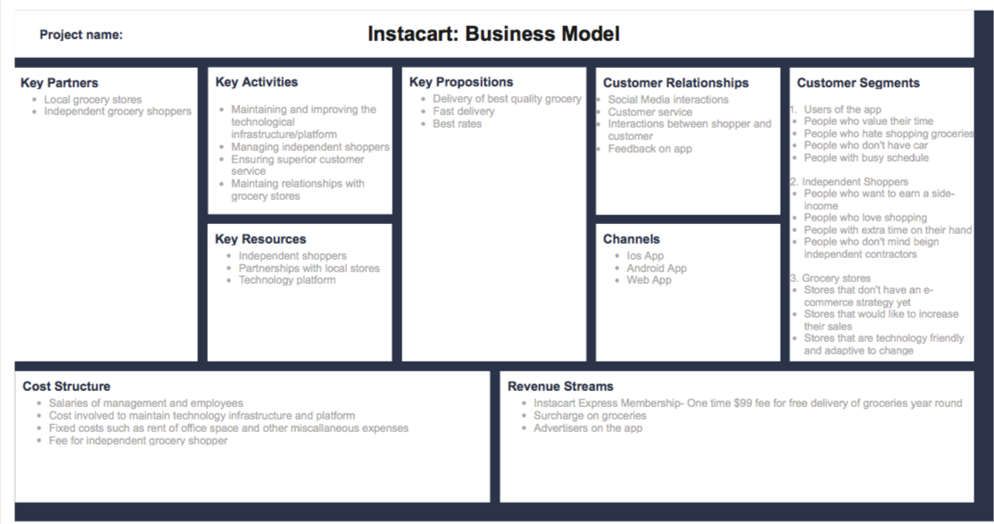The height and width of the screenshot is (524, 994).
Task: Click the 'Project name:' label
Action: point(81,35)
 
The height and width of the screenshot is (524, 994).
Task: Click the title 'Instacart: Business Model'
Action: point(493,34)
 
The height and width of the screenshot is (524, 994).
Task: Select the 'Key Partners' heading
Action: point(60,83)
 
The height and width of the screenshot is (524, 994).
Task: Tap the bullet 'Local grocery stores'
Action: point(93,100)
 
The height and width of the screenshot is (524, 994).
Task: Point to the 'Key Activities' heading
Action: point(257,82)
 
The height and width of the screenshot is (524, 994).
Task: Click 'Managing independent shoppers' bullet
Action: point(310,146)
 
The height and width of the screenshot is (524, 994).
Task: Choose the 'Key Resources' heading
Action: point(261,239)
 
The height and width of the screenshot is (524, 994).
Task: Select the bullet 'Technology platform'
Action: point(286,280)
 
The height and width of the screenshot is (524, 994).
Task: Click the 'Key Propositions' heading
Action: point(461,82)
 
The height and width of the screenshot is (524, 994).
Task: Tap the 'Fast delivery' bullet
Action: point(463,112)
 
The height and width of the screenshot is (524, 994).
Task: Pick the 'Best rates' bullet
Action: point(457,124)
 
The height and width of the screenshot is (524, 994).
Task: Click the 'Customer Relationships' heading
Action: point(675,83)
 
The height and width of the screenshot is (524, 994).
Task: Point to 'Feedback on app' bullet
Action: point(650,149)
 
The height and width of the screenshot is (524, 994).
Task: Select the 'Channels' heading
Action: point(631,239)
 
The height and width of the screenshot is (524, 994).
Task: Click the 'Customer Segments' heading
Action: point(857,83)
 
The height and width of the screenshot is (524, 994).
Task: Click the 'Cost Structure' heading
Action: point(66,387)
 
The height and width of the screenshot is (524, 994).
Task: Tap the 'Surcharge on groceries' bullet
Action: point(590,416)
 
